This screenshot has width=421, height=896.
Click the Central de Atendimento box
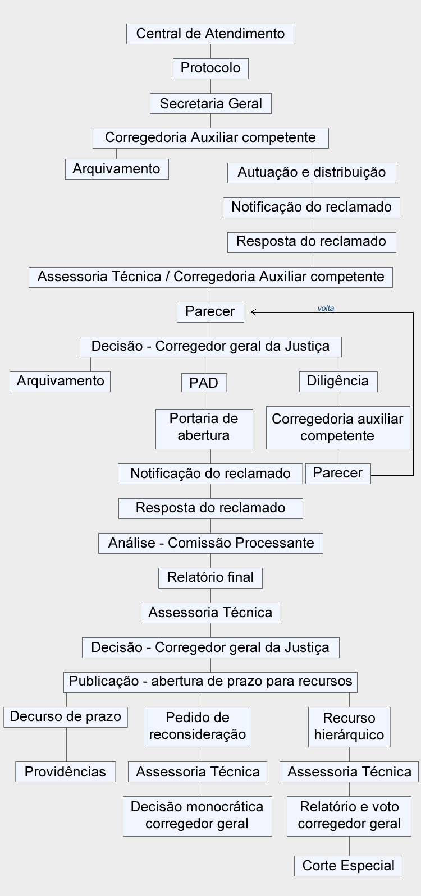[x=210, y=34]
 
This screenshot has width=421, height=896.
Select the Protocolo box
[x=210, y=68]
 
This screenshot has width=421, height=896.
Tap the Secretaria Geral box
[x=210, y=104]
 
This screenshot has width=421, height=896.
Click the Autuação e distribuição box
[x=312, y=173]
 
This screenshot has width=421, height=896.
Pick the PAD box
[x=204, y=383]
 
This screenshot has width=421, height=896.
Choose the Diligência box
[x=338, y=382]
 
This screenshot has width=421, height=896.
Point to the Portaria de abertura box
[x=204, y=429]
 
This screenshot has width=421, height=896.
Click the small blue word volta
[x=326, y=308]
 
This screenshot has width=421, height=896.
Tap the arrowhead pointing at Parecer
[x=253, y=312]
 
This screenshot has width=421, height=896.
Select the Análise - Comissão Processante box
[x=210, y=543]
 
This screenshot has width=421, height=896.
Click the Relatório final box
[x=210, y=578]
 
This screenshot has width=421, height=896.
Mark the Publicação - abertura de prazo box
[x=210, y=682]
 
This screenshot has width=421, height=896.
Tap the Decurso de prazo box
[x=66, y=717]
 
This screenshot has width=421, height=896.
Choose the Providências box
[x=66, y=771]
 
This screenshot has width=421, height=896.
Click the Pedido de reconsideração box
[x=198, y=727]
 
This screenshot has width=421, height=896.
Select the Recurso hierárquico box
[x=349, y=727]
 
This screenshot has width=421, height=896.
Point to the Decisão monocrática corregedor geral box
[x=198, y=816]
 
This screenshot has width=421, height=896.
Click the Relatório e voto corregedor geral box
[x=349, y=816]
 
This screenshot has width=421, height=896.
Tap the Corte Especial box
[x=349, y=866]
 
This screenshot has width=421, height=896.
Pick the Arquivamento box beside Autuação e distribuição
[x=117, y=169]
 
